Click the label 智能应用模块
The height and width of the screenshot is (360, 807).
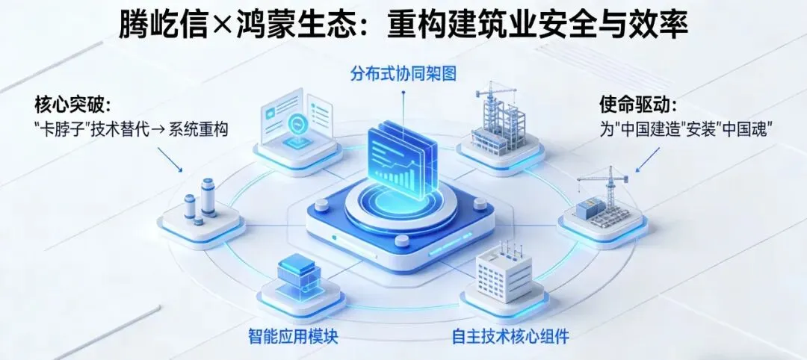tap(293, 335)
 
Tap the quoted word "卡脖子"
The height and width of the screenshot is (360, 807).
tap(63, 128)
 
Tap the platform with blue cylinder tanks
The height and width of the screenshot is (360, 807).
tap(201, 205)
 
